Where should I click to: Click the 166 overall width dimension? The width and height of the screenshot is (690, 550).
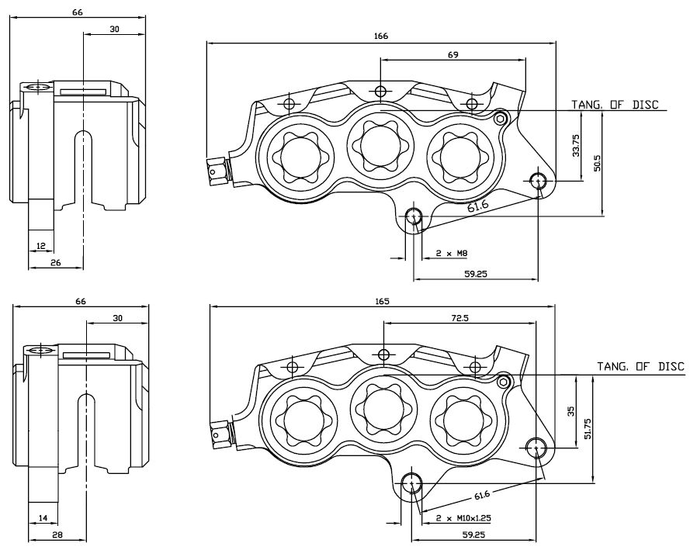click(380, 36)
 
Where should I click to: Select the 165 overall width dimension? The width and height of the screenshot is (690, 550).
click(381, 301)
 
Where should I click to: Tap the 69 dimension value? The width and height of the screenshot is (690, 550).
click(452, 55)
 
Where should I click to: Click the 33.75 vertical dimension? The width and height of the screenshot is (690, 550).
click(576, 146)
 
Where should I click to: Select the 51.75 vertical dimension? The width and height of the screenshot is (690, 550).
click(588, 429)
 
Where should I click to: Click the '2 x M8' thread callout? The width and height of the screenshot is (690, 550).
click(451, 254)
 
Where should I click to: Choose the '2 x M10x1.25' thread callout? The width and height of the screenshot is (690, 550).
click(464, 517)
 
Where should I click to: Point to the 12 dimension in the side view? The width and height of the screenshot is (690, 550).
click(40, 246)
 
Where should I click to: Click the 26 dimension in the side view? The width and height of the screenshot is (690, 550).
click(55, 262)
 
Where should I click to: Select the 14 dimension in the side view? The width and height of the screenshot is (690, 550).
click(42, 518)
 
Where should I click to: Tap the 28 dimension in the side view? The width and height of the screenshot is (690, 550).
click(57, 534)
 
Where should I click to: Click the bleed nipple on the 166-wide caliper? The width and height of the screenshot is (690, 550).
click(217, 171)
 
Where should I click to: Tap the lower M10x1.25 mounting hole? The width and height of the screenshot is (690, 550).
click(411, 484)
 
